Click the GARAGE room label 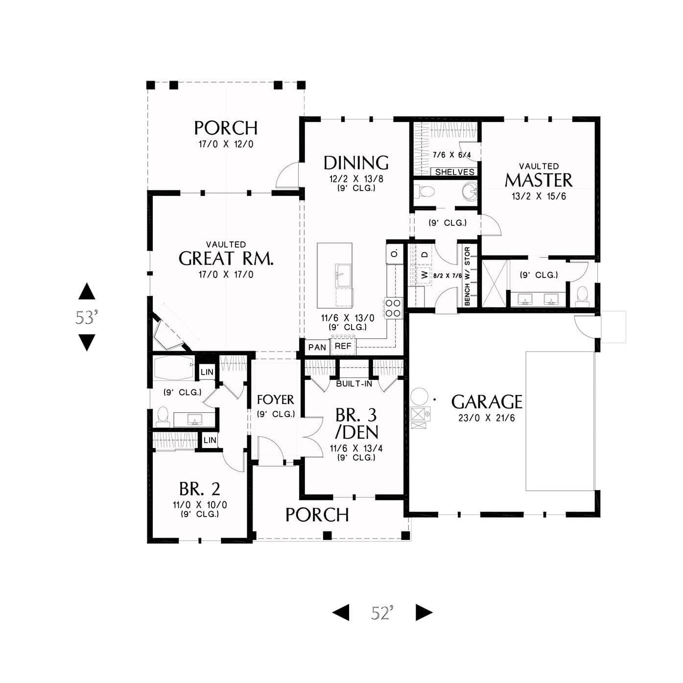coord(486,402)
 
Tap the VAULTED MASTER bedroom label coord(539,176)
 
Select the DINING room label coord(356,163)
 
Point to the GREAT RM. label coord(226,259)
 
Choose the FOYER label coord(275,400)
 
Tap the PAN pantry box coord(317,347)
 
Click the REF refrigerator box coord(343,346)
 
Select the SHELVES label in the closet coord(454,172)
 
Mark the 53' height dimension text coord(86,318)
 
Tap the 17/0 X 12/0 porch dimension coord(226,144)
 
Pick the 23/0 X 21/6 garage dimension coord(486,418)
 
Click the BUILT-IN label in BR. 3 coord(353,383)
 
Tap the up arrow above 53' coord(87,291)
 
